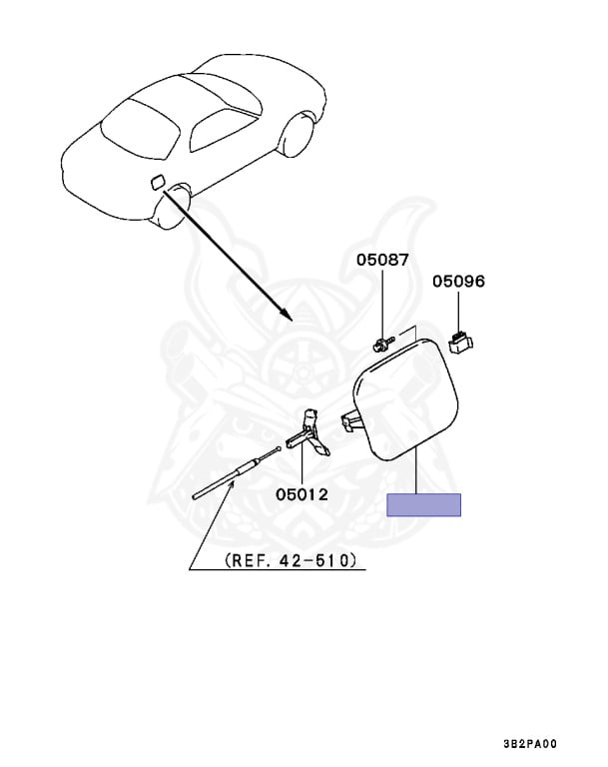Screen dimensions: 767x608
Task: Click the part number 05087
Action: tap(382, 261)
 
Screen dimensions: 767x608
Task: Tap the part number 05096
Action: tap(458, 282)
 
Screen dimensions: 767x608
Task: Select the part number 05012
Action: tap(303, 493)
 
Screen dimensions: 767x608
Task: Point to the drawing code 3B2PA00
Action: tap(530, 744)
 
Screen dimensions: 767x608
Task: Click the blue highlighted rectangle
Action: tap(423, 504)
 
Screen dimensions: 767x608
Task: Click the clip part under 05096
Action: tap(460, 343)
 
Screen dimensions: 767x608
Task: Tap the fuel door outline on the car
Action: tap(157, 182)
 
